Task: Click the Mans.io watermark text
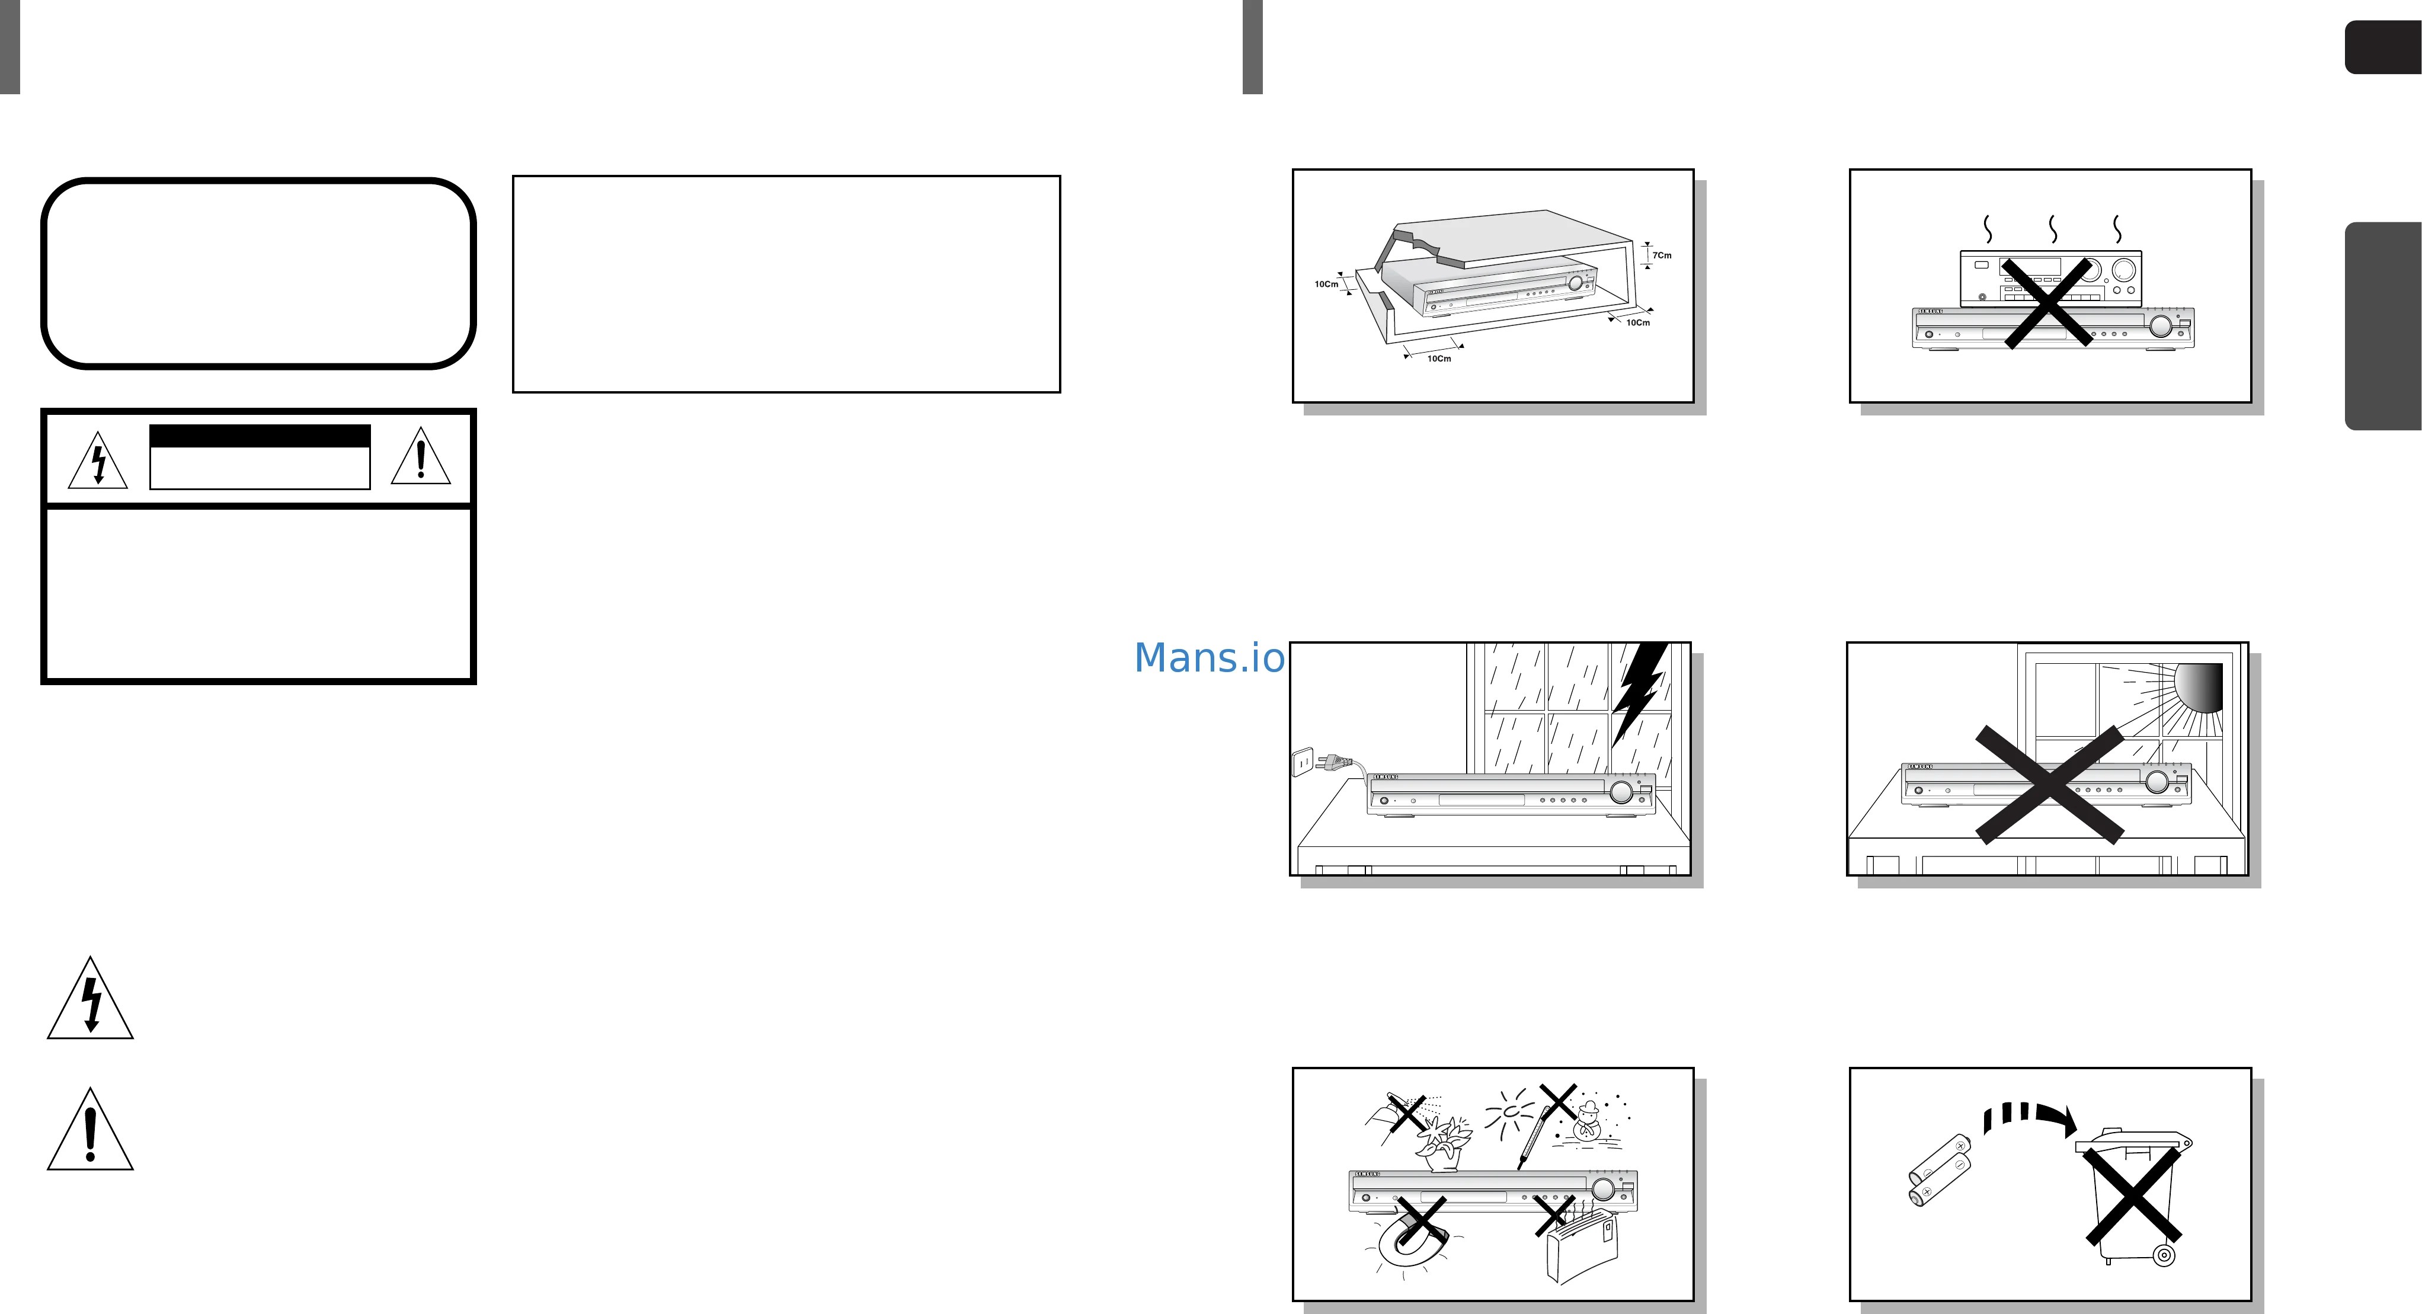click(1209, 658)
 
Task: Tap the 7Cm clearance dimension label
click(1661, 255)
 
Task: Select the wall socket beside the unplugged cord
click(1302, 761)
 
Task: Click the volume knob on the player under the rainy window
click(1621, 792)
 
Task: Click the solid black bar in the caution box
click(260, 436)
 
